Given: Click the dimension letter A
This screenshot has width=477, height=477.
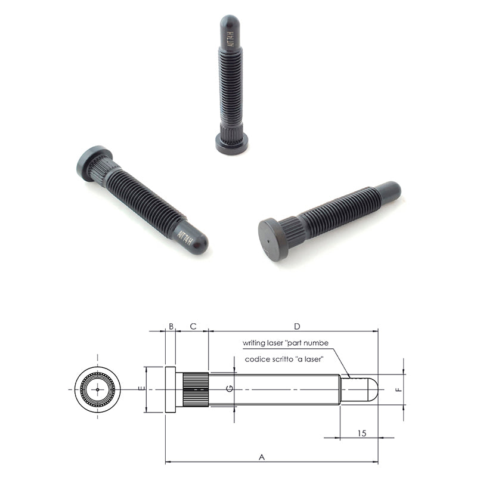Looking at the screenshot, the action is point(262,457).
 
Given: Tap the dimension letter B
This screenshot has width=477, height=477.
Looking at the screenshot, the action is point(171,326).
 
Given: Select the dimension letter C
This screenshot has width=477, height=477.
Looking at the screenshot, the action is point(193,326).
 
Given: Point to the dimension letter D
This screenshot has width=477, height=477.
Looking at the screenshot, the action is point(297,326).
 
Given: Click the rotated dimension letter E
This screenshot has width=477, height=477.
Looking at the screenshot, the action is point(141,389).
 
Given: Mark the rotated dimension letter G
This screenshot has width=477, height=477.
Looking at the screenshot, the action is point(230,389).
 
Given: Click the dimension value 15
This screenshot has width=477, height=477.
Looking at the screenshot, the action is point(362,433).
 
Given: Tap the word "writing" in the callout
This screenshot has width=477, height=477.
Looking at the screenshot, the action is point(253,343).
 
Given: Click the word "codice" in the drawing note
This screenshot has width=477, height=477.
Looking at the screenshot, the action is point(255,360).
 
